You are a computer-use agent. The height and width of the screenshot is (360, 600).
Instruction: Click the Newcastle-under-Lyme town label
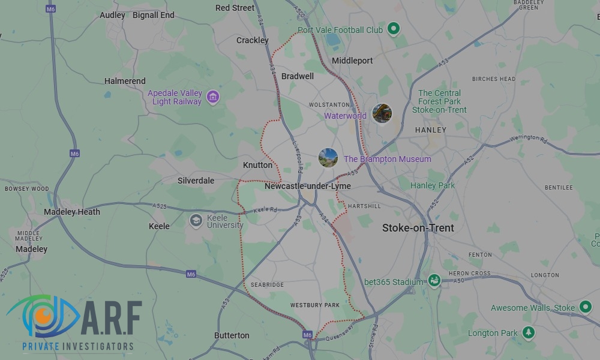tap(308, 187)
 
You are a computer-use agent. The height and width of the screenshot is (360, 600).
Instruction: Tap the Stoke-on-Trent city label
tap(418, 228)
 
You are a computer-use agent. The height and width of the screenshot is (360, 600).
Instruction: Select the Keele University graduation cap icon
tap(196, 221)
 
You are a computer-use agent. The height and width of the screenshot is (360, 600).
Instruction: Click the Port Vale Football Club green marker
tap(393, 28)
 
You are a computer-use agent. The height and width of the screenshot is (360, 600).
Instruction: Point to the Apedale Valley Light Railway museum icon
tap(212, 97)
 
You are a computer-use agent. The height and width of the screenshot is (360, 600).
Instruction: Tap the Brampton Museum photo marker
tap(328, 158)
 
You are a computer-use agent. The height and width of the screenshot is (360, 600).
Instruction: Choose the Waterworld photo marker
tap(382, 113)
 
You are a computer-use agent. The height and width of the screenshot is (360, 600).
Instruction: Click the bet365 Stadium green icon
tap(434, 280)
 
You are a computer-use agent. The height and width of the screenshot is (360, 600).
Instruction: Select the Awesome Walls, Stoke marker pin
tap(585, 307)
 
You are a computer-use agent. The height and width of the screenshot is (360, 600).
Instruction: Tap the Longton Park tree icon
tap(528, 332)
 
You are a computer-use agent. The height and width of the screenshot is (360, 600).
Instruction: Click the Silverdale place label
tap(196, 181)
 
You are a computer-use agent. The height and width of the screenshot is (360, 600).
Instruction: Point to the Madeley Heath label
tap(72, 212)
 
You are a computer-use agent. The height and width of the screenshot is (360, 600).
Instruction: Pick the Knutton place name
tap(257, 165)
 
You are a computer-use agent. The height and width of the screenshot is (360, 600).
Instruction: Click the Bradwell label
tap(298, 76)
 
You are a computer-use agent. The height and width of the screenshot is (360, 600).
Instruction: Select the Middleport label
tap(352, 61)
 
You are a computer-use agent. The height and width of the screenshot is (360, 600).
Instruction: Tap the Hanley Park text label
tap(433, 185)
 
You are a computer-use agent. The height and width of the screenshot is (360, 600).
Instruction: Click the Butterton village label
tap(232, 335)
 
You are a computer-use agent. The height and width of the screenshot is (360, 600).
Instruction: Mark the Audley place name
tap(113, 15)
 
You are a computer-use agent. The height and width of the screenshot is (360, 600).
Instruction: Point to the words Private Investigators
tap(77, 347)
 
